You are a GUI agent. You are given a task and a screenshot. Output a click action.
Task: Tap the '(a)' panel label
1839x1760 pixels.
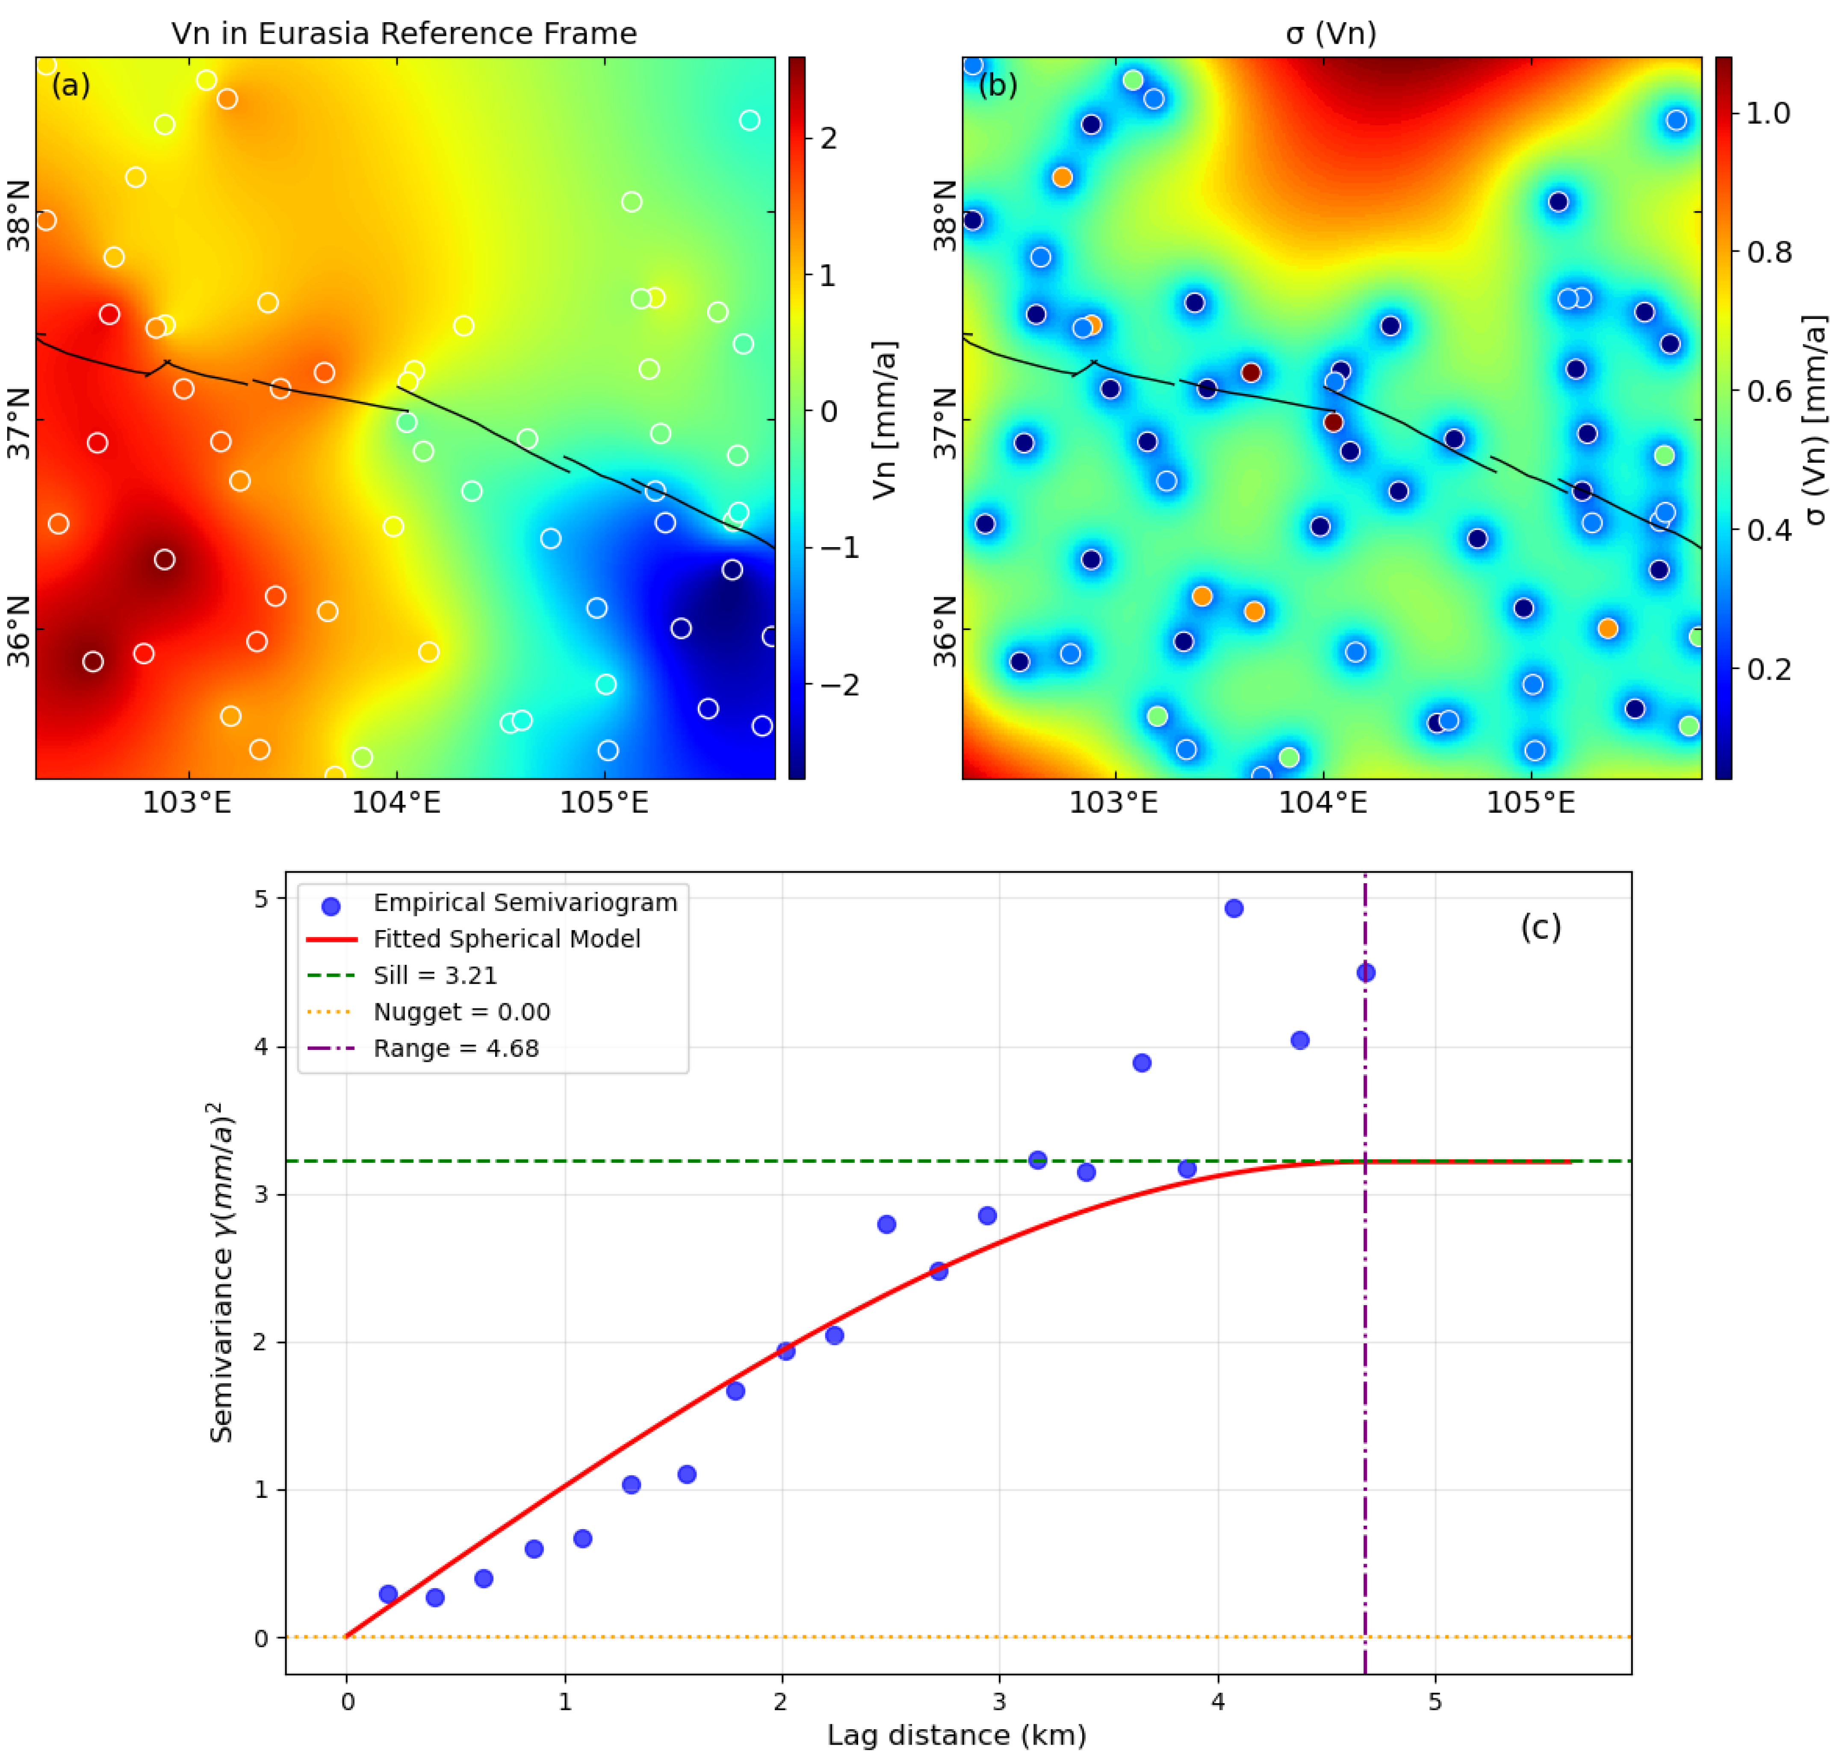[71, 85]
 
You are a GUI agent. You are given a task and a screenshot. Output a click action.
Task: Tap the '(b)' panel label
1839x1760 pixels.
[998, 85]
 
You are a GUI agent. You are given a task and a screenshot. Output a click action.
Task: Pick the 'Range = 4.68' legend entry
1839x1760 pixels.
[456, 1049]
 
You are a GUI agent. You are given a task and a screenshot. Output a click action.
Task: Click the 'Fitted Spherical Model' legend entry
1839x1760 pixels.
[507, 939]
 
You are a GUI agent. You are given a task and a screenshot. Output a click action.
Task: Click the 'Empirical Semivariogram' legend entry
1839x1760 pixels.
[525, 902]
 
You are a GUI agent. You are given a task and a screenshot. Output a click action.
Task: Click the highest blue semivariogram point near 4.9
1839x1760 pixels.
[1234, 908]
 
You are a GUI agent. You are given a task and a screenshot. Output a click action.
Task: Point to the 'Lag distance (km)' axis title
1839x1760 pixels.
[956, 1735]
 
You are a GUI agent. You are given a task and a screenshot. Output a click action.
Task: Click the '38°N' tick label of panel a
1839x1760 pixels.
[19, 216]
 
